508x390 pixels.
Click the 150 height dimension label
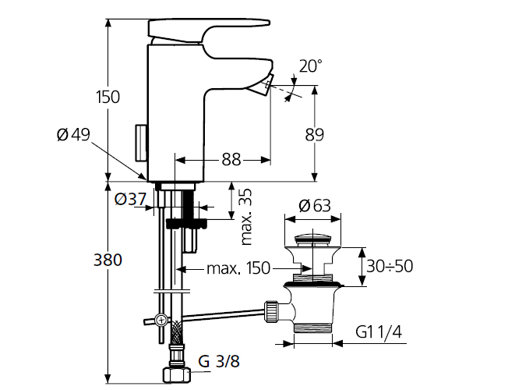[108, 97]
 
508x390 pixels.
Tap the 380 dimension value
[108, 260]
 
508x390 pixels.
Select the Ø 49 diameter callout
[73, 134]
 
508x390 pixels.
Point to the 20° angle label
[310, 66]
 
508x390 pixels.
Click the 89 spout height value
[314, 134]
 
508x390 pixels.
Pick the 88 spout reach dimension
[231, 159]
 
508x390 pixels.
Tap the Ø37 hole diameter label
[130, 199]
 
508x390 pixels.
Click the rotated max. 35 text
[246, 216]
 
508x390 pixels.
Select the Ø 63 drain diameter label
[314, 205]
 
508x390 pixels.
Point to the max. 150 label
[238, 268]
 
